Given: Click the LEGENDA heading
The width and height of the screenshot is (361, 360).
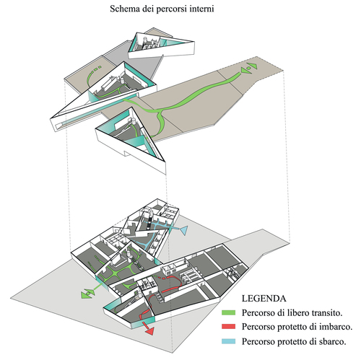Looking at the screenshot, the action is pos(264,299).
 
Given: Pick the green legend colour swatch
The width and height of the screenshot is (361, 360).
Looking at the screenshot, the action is pos(228,312).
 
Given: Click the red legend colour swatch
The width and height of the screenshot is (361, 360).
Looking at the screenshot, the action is pos(228,327).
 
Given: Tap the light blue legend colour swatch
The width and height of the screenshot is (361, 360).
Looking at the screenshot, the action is pos(228,341).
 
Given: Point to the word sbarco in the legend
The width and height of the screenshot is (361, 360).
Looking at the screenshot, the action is pos(333,341).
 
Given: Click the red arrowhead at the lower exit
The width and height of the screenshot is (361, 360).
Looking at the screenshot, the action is pos(149,332).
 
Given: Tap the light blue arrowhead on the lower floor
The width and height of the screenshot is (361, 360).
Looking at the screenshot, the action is pos(183,230).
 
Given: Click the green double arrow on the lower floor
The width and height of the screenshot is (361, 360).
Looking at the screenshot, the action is pos(87,294).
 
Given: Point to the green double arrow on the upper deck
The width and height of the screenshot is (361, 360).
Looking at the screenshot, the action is pos(249,68).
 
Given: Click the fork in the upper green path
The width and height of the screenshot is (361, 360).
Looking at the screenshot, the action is pos(160,112).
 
